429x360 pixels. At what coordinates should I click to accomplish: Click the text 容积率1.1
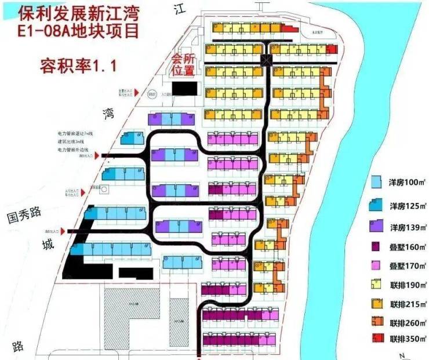78,64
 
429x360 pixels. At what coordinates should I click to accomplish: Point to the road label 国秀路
24,213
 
